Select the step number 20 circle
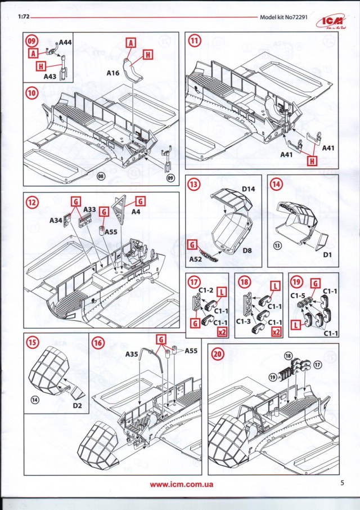coord(218,354)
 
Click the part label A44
coord(67,42)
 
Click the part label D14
coord(249,189)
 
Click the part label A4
coord(136,212)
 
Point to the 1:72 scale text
coord(24,17)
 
